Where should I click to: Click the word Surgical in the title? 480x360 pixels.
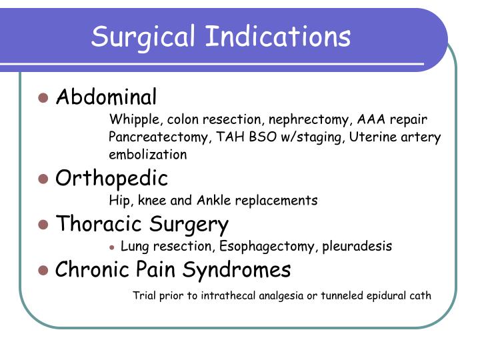tap(143, 37)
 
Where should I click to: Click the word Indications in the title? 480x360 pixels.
tap(278, 36)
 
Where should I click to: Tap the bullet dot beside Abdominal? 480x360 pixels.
tap(43, 98)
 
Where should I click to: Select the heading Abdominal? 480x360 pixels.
tap(106, 97)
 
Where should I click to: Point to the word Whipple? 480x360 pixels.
tap(135, 119)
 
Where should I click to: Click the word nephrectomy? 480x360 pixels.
tap(309, 120)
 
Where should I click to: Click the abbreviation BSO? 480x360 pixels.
tap(263, 137)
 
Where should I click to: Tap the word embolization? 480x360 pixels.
tap(148, 154)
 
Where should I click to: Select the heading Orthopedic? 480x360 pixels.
tap(111, 179)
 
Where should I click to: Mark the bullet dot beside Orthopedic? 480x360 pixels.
tap(43, 179)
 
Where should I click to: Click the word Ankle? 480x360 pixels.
tap(214, 200)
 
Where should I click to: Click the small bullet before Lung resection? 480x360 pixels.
tap(112, 247)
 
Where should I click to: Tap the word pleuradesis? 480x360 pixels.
tap(357, 246)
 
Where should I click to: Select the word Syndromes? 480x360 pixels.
tap(237, 270)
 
